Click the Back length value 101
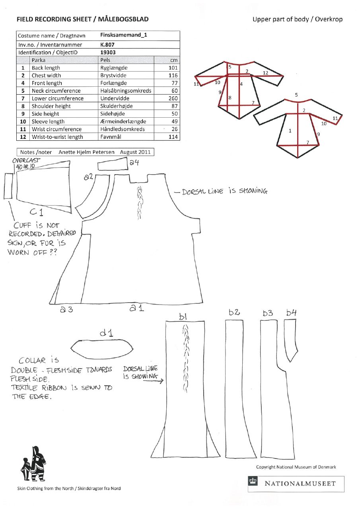click(x=173, y=68)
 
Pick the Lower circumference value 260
click(x=173, y=99)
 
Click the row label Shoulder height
click(x=51, y=106)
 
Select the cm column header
click(x=173, y=60)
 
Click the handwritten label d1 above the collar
click(x=106, y=332)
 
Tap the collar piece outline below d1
click(x=101, y=348)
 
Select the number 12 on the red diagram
click(x=265, y=73)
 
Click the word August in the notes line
click(x=130, y=152)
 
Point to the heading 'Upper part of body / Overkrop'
click(x=297, y=19)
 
